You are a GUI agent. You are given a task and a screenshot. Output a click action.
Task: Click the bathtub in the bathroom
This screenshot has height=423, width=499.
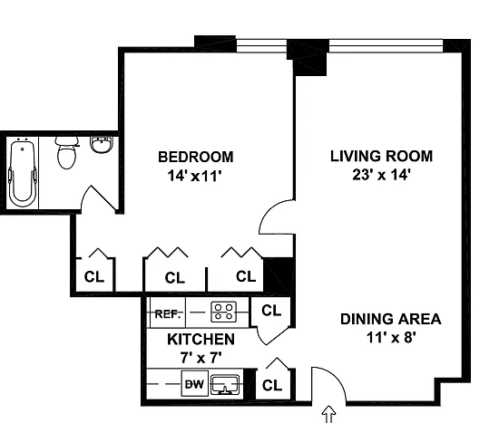[x=23, y=173]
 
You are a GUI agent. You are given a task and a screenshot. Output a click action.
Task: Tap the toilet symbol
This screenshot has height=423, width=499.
[x=67, y=153]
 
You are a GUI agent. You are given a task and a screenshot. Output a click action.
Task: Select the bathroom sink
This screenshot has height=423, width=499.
[x=102, y=145]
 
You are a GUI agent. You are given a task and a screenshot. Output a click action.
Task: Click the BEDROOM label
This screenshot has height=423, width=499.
[x=196, y=157]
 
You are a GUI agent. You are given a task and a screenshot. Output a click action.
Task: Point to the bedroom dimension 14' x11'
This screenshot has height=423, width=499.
[x=194, y=176]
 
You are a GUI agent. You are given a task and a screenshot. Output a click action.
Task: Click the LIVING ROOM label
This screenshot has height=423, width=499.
[x=381, y=156]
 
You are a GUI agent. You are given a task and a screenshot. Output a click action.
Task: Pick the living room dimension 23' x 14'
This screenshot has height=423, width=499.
[x=381, y=175]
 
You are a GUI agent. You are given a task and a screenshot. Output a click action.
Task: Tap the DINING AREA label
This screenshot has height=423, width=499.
[x=390, y=319]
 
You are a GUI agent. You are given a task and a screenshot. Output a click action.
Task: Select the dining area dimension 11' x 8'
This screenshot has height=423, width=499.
[x=391, y=337]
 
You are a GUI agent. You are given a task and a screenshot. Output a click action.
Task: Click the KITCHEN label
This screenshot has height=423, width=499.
[x=201, y=340]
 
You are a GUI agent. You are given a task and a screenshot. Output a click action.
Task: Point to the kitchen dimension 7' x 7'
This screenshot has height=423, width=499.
[x=201, y=358]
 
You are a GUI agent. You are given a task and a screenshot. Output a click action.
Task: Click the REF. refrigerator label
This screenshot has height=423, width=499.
[x=168, y=314]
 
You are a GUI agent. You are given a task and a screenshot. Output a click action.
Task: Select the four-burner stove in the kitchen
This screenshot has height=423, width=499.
[x=224, y=312]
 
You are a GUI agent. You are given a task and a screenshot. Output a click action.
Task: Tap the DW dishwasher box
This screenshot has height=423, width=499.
[x=195, y=383]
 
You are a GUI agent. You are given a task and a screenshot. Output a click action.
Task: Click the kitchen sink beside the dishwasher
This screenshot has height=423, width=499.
[x=225, y=384]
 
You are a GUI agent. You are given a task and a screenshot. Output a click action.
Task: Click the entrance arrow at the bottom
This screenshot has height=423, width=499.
[x=328, y=414]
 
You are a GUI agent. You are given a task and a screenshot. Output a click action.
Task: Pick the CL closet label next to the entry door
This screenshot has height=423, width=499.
[x=272, y=385]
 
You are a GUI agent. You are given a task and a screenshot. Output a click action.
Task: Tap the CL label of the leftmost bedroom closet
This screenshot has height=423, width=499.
[x=94, y=277]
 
